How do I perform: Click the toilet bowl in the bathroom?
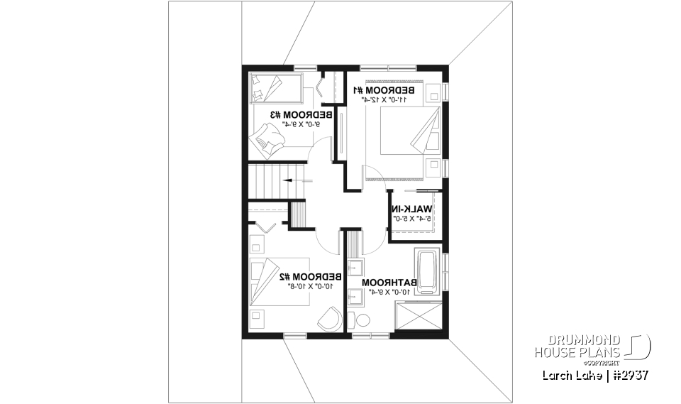click(x=362, y=320)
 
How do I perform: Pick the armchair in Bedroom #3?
click(x=267, y=135)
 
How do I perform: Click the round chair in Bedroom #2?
click(x=330, y=320)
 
